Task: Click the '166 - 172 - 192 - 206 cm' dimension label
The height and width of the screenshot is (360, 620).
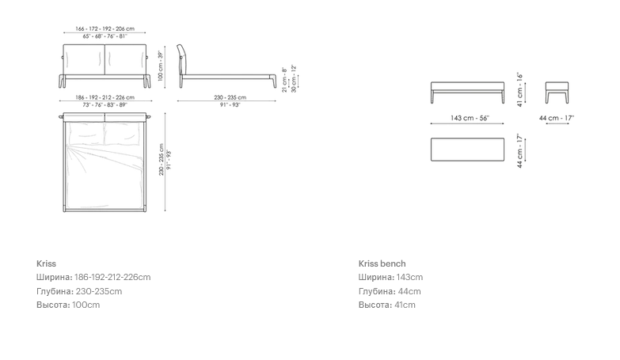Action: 105,28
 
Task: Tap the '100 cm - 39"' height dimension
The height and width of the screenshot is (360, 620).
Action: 161,66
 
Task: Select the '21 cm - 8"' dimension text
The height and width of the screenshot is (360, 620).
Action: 284,80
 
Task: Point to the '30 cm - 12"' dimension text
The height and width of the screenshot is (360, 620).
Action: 294,79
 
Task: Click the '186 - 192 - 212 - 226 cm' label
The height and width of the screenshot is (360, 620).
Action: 105,97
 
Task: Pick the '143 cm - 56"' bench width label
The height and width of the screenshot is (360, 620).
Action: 470,118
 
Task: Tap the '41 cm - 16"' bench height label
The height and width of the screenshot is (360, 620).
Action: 520,89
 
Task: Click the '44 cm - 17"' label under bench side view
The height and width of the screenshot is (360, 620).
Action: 557,118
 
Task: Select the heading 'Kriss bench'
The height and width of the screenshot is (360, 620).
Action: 382,263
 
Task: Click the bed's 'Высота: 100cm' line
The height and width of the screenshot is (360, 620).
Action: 68,305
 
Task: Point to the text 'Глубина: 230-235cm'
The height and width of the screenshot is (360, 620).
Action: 79,291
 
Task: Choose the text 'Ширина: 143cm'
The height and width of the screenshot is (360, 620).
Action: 390,277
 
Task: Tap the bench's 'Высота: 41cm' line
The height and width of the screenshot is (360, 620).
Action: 387,305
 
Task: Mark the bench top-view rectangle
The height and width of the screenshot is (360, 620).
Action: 467,150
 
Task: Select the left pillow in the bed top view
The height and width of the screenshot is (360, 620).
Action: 86,132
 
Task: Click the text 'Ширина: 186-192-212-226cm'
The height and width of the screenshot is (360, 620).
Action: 93,277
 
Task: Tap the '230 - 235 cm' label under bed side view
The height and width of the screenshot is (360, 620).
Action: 230,97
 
